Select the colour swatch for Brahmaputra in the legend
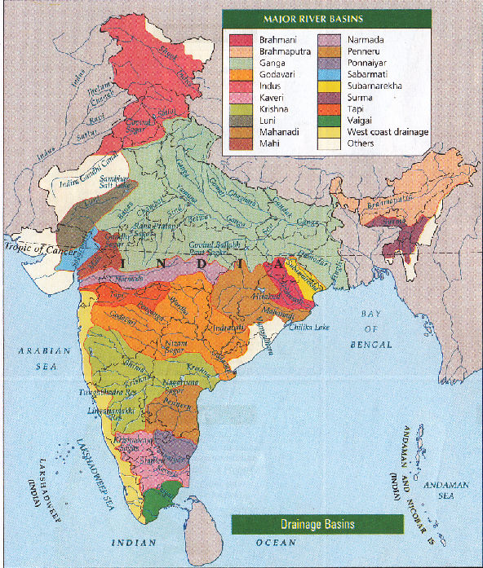[241, 51]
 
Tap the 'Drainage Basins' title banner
[317, 522]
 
